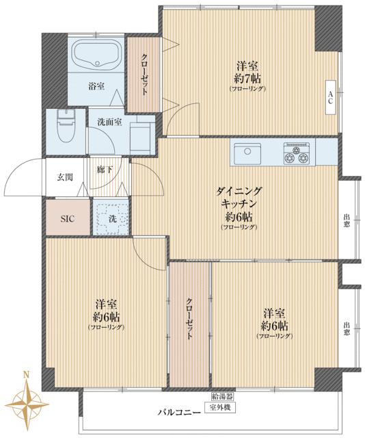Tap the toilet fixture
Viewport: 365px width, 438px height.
(x=66, y=126)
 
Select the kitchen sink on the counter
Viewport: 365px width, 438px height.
(x=247, y=153)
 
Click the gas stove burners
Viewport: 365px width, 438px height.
(x=297, y=153)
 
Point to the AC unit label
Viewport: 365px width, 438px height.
(x=330, y=97)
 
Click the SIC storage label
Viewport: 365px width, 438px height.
(x=68, y=219)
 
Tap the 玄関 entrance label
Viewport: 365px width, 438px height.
(x=65, y=177)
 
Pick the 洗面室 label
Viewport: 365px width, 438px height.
(x=109, y=122)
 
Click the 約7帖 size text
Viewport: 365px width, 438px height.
(x=247, y=79)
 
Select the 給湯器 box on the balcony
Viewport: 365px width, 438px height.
(x=222, y=396)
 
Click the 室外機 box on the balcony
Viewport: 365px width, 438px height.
(x=220, y=408)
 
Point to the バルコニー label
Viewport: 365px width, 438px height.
(x=180, y=412)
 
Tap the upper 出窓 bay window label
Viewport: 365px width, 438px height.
(x=347, y=220)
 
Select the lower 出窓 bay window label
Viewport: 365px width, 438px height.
(x=347, y=328)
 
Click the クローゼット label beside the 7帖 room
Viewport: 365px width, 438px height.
(x=144, y=75)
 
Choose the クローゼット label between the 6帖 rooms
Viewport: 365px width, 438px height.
(x=189, y=319)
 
